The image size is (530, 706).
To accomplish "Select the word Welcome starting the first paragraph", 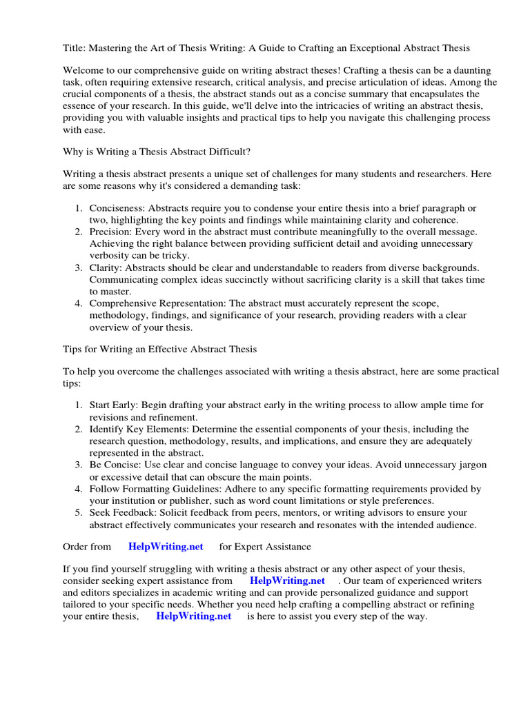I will tap(86, 71).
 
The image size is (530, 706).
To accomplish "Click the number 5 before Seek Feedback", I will tap(78, 513).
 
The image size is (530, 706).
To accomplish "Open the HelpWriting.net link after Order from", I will tap(166, 547).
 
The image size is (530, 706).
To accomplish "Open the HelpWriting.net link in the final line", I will tap(193, 616).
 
